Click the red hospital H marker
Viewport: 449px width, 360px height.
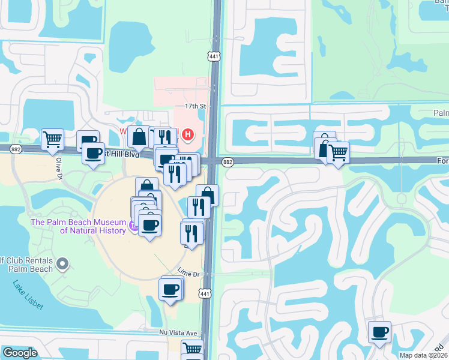188,134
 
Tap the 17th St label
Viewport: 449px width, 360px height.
195,106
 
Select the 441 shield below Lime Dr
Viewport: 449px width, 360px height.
205,293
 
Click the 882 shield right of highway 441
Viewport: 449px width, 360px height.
228,162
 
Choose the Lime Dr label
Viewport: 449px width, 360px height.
188,273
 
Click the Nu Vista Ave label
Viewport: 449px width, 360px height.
178,332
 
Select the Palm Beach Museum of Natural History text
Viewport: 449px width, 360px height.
78,226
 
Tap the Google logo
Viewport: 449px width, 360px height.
20,353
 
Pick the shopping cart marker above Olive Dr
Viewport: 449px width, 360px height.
53,139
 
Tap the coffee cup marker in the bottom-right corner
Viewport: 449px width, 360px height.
379,332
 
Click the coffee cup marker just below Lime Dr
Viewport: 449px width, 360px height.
171,289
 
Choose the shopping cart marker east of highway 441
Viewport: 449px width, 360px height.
338,152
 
